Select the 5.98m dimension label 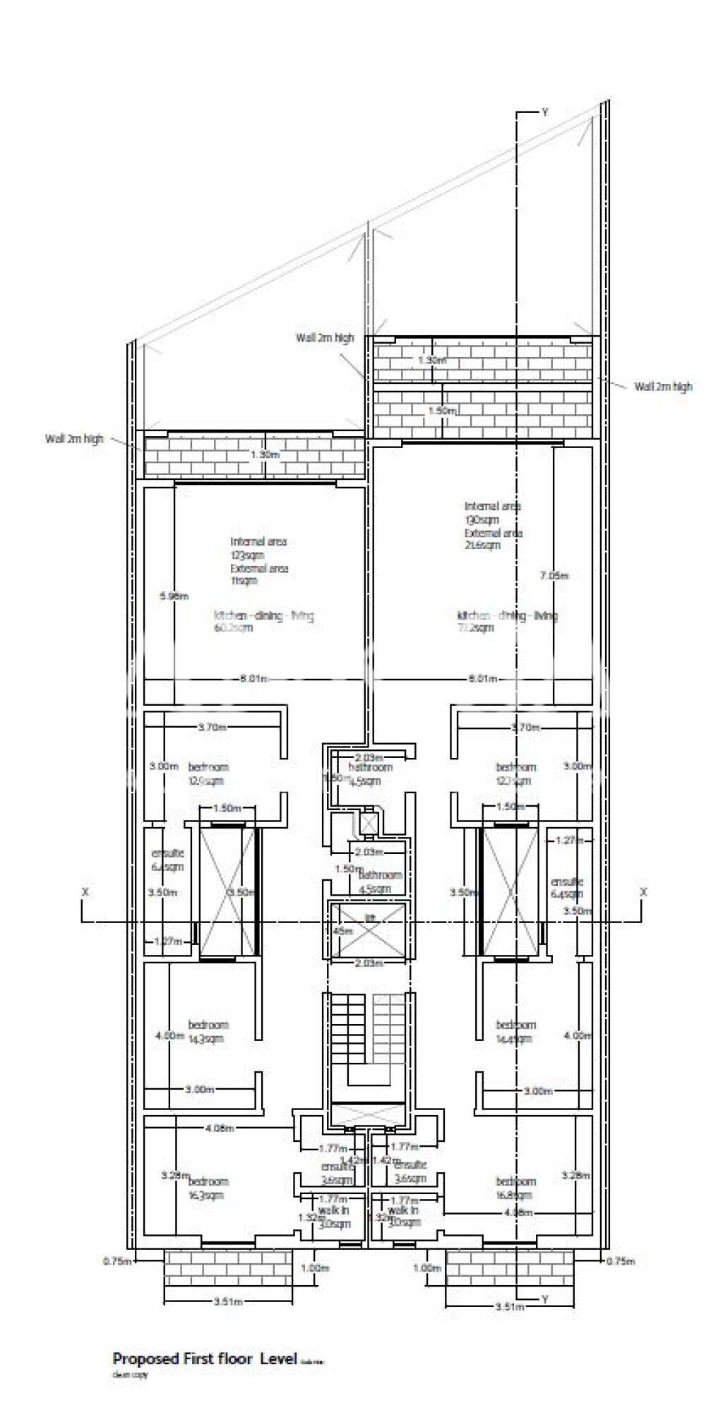point(174,596)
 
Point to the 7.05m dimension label point(554,575)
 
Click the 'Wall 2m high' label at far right point(663,386)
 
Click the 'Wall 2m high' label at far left point(74,438)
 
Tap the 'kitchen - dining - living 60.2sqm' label point(263,621)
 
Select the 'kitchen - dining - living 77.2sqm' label point(507,621)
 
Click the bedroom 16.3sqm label point(208,1188)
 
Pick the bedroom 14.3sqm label point(208,1031)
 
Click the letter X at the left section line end point(85,892)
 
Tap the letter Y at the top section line point(544,112)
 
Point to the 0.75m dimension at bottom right point(621,1260)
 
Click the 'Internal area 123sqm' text point(258,548)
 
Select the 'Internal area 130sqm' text point(492,512)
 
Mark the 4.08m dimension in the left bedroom point(219,1128)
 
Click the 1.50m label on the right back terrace point(443,410)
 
